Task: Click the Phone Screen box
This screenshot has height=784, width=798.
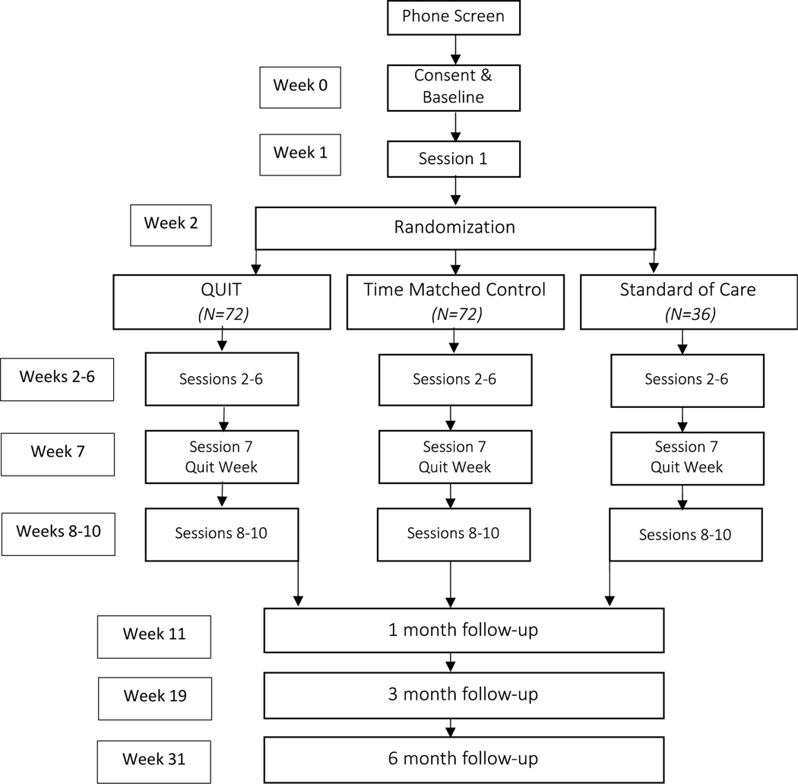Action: click(453, 17)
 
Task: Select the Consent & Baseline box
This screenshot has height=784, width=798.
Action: click(453, 87)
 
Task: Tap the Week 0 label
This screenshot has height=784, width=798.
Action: click(300, 87)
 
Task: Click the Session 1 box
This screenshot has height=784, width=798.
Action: click(453, 159)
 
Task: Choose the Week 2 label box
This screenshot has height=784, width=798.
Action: click(171, 225)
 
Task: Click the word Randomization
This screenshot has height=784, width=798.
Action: click(454, 227)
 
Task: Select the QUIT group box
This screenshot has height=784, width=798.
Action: click(221, 302)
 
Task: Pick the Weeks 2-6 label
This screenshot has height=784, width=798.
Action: click(57, 378)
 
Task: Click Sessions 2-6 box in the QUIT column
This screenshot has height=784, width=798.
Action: click(221, 379)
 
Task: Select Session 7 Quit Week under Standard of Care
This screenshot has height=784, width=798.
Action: click(686, 457)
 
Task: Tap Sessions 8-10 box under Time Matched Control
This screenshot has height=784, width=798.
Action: click(453, 533)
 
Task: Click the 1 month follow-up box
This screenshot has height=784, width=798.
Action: click(464, 630)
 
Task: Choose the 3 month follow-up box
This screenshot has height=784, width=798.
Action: click(464, 694)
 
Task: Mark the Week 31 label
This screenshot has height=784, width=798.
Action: click(154, 760)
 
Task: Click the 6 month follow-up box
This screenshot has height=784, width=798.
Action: click(464, 759)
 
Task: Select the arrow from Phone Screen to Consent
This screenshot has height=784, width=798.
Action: click(454, 49)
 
